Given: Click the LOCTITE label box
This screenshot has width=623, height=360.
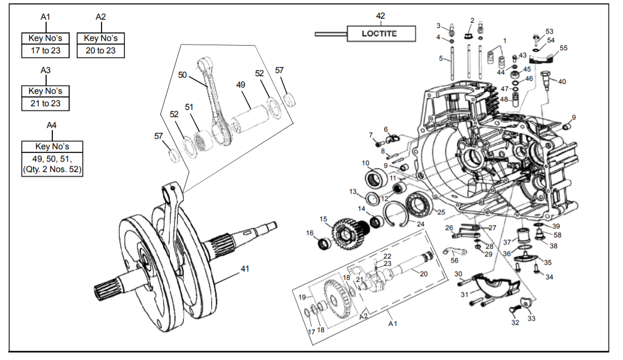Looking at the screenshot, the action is tap(381, 34).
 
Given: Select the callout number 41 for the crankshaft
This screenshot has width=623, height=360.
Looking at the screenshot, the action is tap(245, 269).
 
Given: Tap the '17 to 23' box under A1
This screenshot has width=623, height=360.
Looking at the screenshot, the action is tap(46, 51).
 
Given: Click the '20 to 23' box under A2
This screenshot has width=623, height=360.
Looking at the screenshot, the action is tap(100, 51).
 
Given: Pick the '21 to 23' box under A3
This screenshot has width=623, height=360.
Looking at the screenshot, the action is tap(46, 104).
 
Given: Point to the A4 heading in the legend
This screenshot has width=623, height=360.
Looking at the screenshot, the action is tap(52, 125).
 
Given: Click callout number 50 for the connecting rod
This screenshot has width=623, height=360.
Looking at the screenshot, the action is tap(182, 75).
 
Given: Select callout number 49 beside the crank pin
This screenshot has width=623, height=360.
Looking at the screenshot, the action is tap(241, 84).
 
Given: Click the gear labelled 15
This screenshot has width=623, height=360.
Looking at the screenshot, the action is tap(351, 234).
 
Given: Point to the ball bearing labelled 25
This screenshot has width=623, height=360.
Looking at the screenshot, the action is tap(419, 205).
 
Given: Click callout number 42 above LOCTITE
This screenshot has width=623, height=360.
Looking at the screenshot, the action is tap(381, 16).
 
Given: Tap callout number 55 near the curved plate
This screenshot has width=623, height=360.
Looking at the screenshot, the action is tap(563, 48).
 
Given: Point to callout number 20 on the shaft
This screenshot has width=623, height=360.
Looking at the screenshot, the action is tap(423, 274).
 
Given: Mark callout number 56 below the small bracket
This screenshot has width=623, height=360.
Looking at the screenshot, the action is tap(454, 261).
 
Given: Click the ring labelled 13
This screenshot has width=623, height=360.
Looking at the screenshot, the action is tap(372, 198).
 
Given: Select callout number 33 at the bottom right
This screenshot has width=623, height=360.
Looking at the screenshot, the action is tap(531, 318).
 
